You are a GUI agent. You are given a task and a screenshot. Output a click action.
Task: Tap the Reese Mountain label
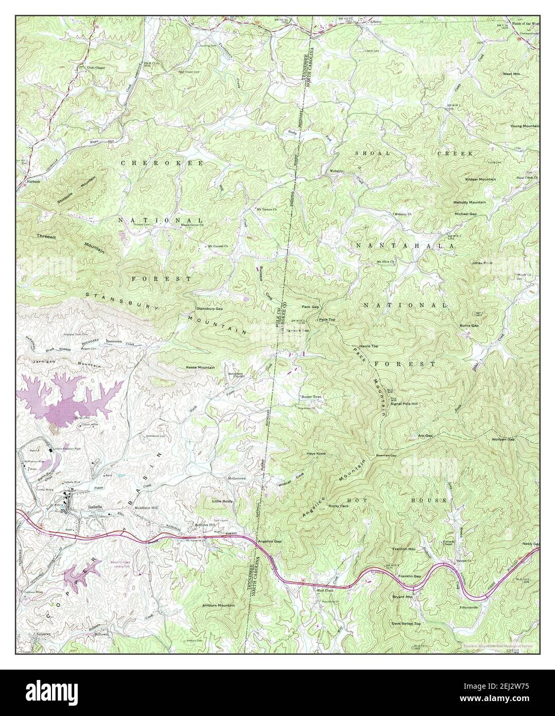[200, 367]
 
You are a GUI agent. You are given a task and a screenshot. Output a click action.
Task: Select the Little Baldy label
[223, 500]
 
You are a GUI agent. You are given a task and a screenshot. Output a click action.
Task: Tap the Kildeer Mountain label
[480, 179]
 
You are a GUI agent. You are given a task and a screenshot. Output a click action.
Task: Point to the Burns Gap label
[469, 326]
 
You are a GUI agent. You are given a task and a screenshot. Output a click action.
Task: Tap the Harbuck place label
[30, 181]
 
